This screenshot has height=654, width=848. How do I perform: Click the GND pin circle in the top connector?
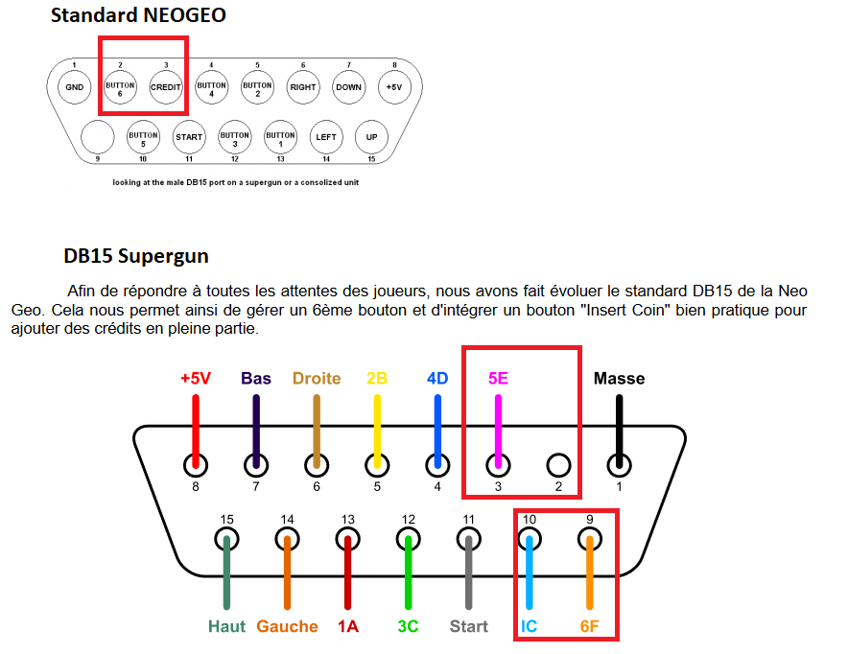(x=74, y=87)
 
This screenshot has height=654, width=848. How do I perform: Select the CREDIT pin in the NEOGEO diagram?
(x=165, y=87)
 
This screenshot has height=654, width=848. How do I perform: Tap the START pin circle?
(x=189, y=137)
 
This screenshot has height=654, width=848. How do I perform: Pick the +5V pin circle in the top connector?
(x=393, y=87)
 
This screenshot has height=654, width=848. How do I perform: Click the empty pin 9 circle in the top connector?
(x=98, y=137)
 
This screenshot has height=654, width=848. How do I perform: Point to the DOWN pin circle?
(x=348, y=87)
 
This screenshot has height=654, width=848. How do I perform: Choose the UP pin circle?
(x=371, y=137)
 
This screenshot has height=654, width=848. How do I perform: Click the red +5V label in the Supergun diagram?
(x=196, y=379)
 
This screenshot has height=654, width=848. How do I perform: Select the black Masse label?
(x=619, y=379)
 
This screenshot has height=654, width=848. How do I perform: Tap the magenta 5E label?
(x=498, y=379)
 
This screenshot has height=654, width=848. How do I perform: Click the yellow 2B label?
(x=377, y=379)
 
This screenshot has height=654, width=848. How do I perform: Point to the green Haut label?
(x=226, y=627)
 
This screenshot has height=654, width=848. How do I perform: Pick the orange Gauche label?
(x=287, y=627)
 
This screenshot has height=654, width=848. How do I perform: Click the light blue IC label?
(x=529, y=627)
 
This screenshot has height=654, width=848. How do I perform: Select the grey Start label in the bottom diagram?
(x=469, y=627)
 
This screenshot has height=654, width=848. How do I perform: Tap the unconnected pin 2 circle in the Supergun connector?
(x=558, y=465)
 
